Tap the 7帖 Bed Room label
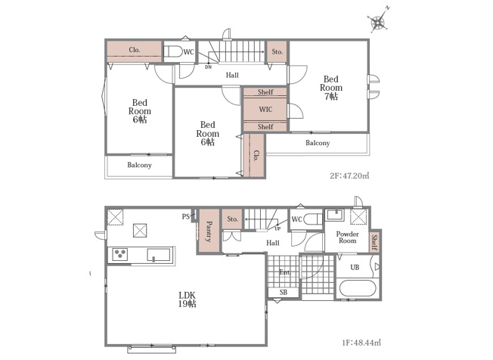(331, 88)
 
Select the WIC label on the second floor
(265, 110)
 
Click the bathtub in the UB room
(358, 288)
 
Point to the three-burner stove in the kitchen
(119, 254)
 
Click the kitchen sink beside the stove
(159, 255)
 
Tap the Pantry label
(209, 231)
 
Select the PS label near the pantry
(185, 216)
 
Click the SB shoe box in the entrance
(284, 293)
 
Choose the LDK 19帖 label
(188, 299)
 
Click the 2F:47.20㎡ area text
(349, 175)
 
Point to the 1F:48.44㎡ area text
(361, 343)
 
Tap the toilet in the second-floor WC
(174, 52)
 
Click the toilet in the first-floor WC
(314, 219)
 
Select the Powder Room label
(347, 237)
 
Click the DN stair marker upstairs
(208, 67)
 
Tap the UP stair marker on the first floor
(278, 229)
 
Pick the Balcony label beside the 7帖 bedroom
(318, 143)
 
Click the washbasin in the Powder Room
(334, 215)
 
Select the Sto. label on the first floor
(232, 219)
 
